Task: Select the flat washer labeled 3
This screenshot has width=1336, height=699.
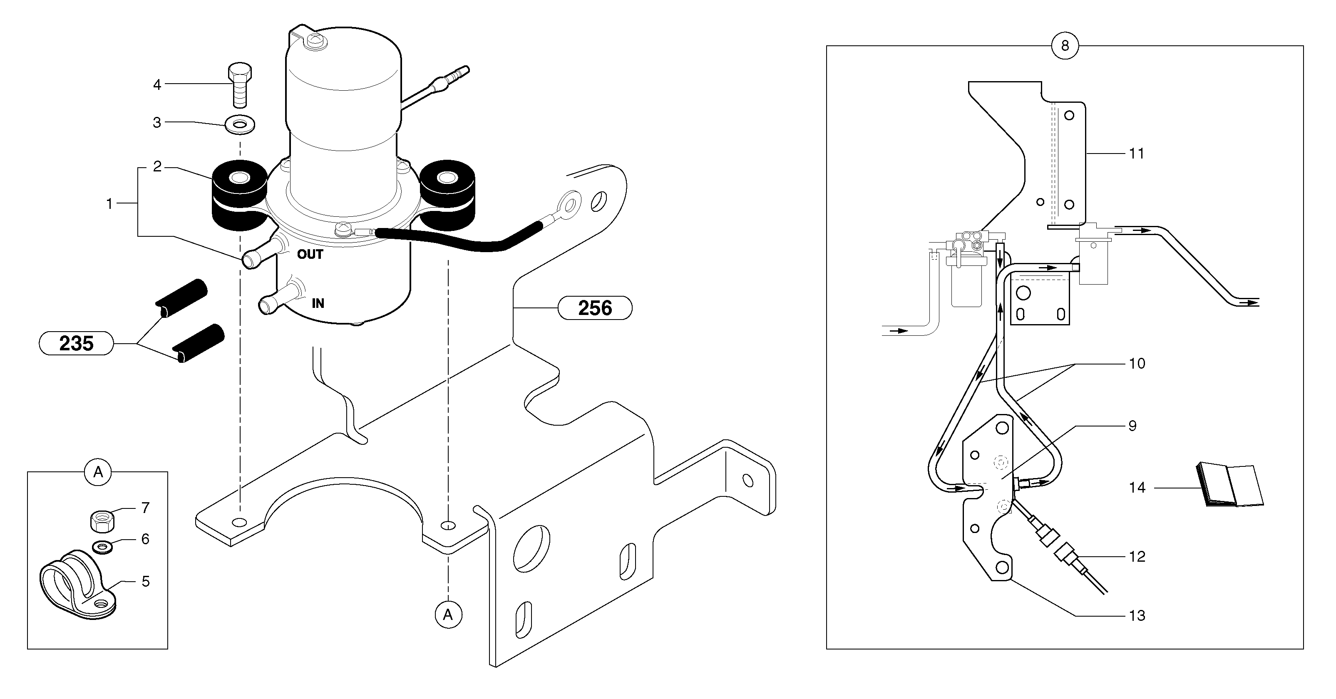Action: (240, 124)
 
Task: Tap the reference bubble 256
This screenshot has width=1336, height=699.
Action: (595, 308)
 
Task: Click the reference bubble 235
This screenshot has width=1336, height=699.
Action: (76, 343)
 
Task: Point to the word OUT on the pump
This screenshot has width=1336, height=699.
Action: (310, 254)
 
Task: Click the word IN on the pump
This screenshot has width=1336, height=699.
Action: (318, 303)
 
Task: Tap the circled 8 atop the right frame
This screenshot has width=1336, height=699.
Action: (1064, 46)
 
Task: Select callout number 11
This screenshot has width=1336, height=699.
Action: (1136, 154)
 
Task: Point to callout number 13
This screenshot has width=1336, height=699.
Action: (1137, 615)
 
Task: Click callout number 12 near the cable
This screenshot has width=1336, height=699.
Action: (1137, 556)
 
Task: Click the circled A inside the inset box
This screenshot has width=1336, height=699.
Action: (98, 472)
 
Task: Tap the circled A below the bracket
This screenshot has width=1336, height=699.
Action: (448, 615)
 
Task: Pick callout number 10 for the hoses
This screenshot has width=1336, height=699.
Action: (1137, 364)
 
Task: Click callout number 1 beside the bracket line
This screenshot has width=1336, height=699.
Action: (109, 204)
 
